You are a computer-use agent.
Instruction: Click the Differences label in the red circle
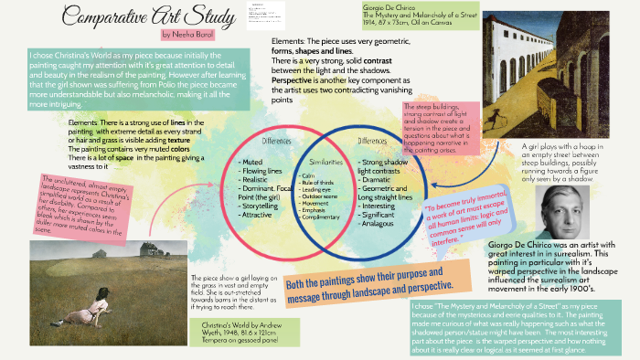pyautogui.click(x=275, y=142)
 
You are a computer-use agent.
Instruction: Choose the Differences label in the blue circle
pyautogui.click(x=372, y=141)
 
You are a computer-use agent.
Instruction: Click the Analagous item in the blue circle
pyautogui.click(x=383, y=224)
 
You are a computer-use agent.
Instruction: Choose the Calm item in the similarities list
pyautogui.click(x=306, y=175)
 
